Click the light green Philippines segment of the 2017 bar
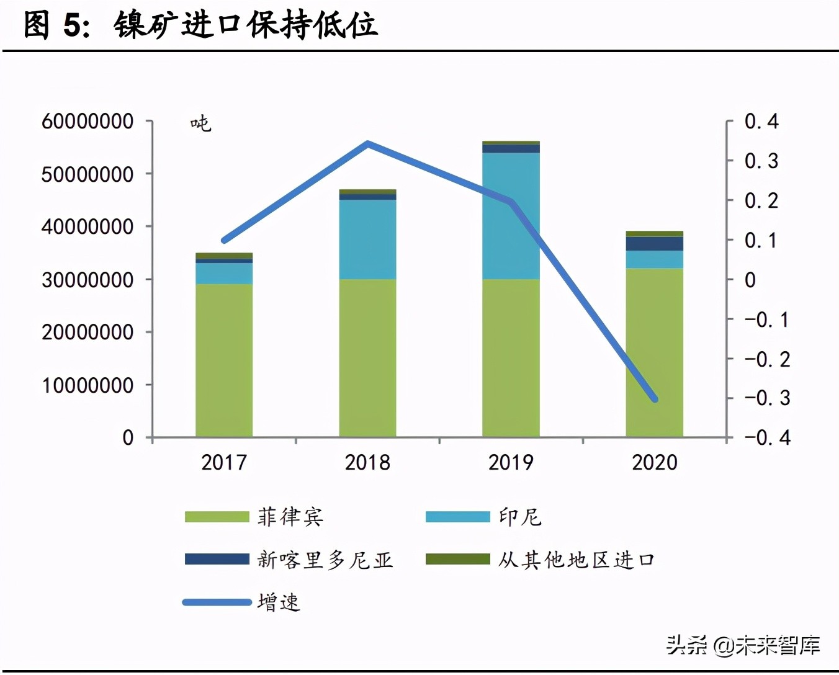pyautogui.click(x=224, y=360)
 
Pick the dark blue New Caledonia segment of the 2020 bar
pyautogui.click(x=654, y=243)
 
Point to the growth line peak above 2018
pyautogui.click(x=368, y=144)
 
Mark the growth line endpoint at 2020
pyautogui.click(x=655, y=399)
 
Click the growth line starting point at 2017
pyautogui.click(x=224, y=240)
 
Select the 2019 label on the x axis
pyautogui.click(x=511, y=462)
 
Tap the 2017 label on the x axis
pyautogui.click(x=224, y=462)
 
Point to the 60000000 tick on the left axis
pyautogui.click(x=87, y=121)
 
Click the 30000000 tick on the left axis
pyautogui.click(x=87, y=280)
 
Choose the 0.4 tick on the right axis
pyautogui.click(x=761, y=121)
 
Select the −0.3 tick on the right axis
pyautogui.click(x=768, y=398)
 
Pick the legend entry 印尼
pyautogui.click(x=520, y=517)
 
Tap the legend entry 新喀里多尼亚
pyautogui.click(x=325, y=560)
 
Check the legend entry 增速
pyautogui.click(x=279, y=602)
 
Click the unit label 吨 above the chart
pyautogui.click(x=200, y=123)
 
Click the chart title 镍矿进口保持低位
pyautogui.click(x=246, y=26)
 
